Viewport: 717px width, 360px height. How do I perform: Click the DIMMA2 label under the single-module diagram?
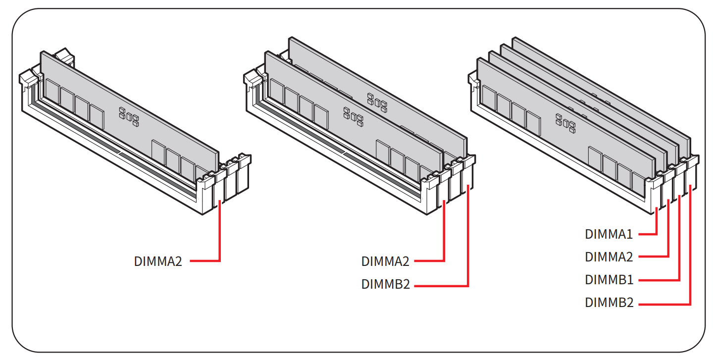coord(158,261)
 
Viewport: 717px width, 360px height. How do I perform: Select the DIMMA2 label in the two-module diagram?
coord(385,261)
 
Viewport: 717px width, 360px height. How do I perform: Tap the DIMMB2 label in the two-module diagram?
coord(385,285)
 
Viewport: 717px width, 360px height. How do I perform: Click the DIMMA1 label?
coord(609,234)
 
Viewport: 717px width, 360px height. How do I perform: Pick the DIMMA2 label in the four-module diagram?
coord(609,257)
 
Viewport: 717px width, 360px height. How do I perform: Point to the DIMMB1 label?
coord(609,280)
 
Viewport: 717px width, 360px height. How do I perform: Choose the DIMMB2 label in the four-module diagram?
coord(609,303)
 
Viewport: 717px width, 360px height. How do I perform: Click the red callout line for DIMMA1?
coord(656,223)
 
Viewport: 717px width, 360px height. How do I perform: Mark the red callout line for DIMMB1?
coord(679,248)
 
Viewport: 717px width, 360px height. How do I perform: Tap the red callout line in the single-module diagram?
coord(219,233)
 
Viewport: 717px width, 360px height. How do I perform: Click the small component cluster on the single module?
coord(129,116)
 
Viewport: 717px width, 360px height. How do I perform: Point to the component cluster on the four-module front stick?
coord(565,123)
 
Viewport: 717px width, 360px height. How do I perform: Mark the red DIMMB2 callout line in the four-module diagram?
coord(690,248)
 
